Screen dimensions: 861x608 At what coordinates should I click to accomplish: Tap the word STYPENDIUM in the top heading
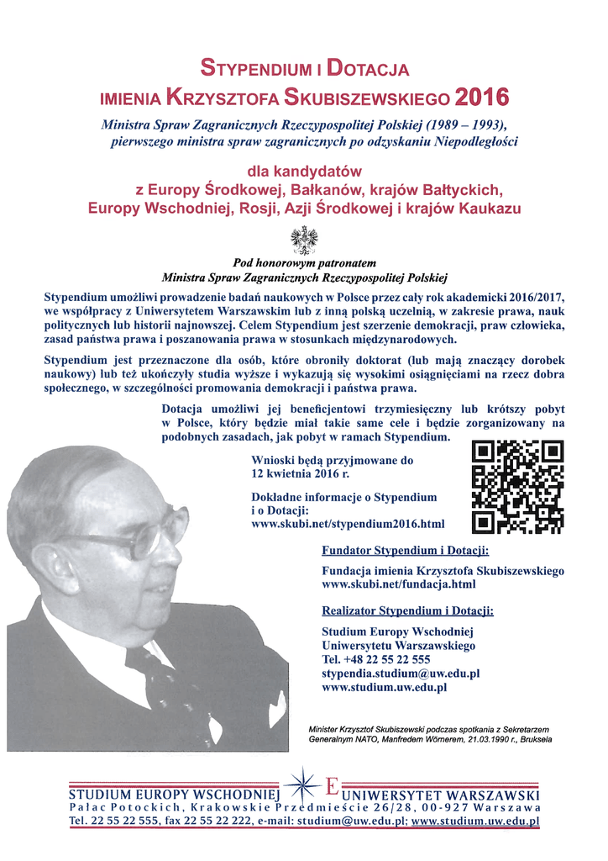click(x=255, y=67)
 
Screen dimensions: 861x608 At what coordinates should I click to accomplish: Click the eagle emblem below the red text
click(x=303, y=240)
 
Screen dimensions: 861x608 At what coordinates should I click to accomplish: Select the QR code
click(x=517, y=488)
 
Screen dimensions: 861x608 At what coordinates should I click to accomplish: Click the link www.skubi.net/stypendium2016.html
click(x=348, y=524)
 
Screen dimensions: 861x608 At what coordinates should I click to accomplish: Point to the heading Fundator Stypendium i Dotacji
click(x=406, y=551)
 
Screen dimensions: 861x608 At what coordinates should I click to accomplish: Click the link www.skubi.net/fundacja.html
click(x=399, y=584)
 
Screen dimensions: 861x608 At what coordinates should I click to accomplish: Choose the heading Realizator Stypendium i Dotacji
click(x=408, y=610)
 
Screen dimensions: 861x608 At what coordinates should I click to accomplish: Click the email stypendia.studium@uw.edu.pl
click(x=401, y=673)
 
